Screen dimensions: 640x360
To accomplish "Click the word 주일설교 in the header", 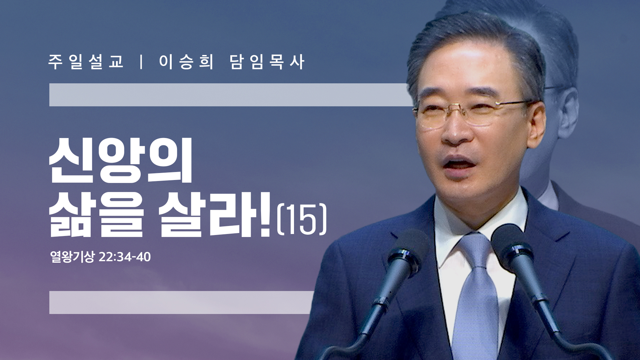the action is pyautogui.click(x=86, y=62).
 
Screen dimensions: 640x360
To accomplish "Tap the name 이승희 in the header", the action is pyautogui.click(x=186, y=62).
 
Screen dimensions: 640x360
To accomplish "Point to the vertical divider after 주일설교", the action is pyautogui.click(x=142, y=62).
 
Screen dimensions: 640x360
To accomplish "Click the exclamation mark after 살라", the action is pyautogui.click(x=265, y=214).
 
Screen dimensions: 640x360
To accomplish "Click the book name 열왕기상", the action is pyautogui.click(x=72, y=257).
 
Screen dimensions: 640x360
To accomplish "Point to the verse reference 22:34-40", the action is pyautogui.click(x=125, y=257).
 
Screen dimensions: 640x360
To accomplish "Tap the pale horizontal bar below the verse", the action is pyautogui.click(x=182, y=302).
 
